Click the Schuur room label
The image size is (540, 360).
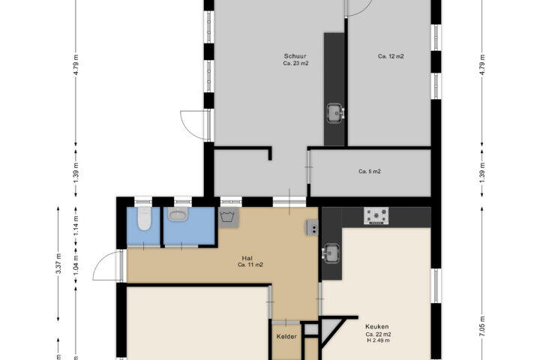coord(295,56)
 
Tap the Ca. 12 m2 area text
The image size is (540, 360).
coord(391,56)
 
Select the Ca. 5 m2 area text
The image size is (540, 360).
coord(370,171)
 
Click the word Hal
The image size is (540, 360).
coord(247,258)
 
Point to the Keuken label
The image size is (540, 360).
coord(377,326)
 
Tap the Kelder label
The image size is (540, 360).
coord(286,337)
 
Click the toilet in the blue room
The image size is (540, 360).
coord(143,219)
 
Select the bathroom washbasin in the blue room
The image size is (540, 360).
coord(178,215)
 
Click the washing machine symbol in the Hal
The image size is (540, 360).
coord(228,217)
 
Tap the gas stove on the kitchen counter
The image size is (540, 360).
coord(376,216)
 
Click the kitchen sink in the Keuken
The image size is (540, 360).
coord(332,253)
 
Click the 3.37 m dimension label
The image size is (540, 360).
coord(58,263)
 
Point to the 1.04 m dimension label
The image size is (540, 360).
coord(76,265)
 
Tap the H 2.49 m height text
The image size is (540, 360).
coord(379,340)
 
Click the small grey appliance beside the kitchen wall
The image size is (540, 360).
coord(312,227)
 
